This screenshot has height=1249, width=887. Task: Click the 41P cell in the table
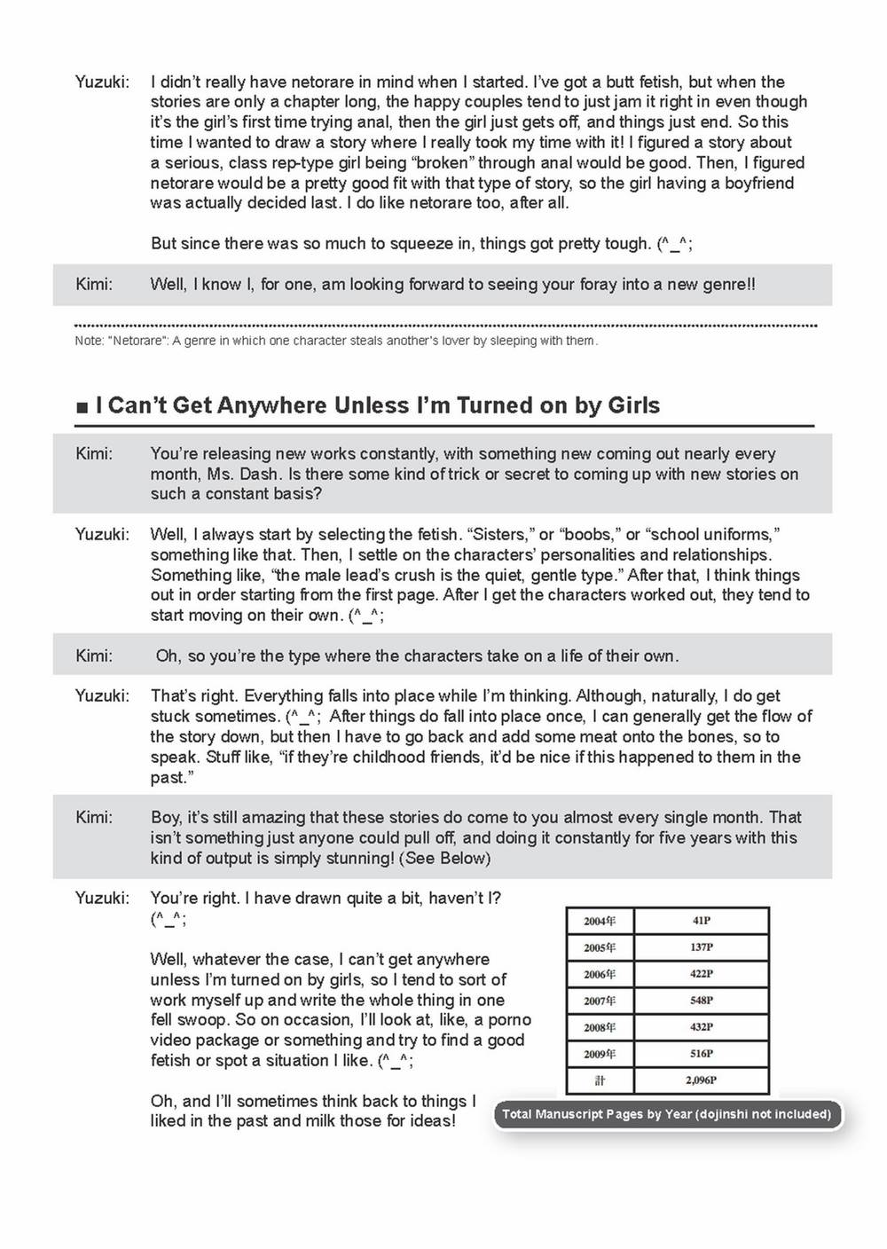pos(701,921)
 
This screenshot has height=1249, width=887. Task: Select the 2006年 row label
pos(600,974)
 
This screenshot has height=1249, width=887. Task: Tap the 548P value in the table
pos(701,1001)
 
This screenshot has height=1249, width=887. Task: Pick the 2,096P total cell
pos(701,1080)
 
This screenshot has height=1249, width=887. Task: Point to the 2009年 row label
pos(600,1054)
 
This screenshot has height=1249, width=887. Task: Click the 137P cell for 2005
pos(701,947)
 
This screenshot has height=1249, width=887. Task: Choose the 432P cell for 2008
pos(701,1027)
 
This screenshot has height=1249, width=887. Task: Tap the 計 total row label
pos(600,1080)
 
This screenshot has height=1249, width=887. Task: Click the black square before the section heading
pos(82,407)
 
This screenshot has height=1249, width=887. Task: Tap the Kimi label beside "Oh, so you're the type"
pos(94,656)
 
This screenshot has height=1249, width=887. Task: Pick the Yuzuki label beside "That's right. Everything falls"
pos(102,695)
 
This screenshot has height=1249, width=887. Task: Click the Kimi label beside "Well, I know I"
pos(94,284)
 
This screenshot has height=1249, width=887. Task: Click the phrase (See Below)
pos(445,858)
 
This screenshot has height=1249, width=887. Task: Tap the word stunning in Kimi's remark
pos(361,858)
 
